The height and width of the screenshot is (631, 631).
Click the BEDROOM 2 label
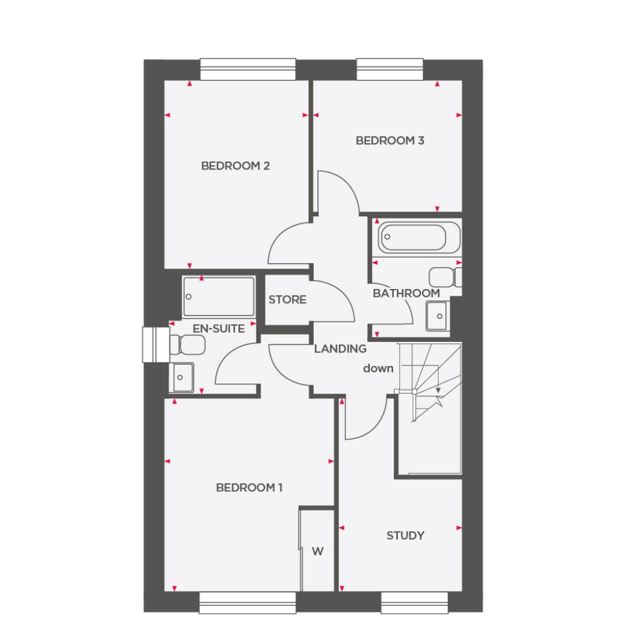coord(235,166)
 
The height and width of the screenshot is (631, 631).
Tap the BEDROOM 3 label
coord(390,140)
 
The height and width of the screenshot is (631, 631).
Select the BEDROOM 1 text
coord(249,488)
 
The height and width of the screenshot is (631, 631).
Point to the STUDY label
coord(405,535)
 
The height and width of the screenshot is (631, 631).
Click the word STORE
coord(287,300)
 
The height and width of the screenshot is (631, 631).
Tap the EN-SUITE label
coord(219,328)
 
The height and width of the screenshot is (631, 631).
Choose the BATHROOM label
coord(406,293)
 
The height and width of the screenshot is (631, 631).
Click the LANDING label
coord(340,349)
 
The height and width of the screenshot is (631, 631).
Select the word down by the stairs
coord(378,368)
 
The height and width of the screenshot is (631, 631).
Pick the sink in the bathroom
coord(438,316)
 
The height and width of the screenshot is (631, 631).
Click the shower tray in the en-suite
coord(219,296)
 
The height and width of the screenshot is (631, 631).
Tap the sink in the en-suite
coord(182,376)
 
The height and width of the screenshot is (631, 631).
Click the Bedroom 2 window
coord(248,69)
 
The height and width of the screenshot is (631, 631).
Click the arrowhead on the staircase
coord(438,390)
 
